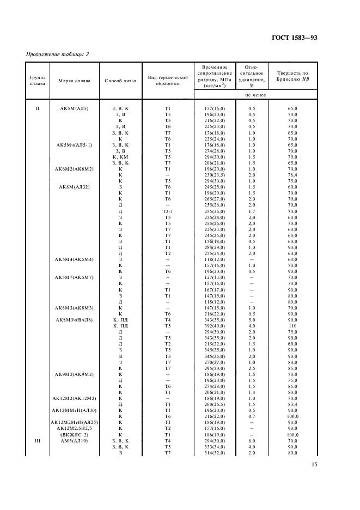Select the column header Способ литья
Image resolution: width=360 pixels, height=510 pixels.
(x=119, y=81)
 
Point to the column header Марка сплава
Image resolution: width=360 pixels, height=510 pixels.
(x=75, y=81)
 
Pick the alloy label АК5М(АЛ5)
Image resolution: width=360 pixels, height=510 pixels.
(x=75, y=108)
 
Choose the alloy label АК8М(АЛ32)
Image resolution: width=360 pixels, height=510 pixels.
(x=75, y=187)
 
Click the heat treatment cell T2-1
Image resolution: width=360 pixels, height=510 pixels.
(x=167, y=211)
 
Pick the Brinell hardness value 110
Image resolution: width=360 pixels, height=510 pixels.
(x=292, y=326)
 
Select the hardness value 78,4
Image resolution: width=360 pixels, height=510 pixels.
(x=292, y=175)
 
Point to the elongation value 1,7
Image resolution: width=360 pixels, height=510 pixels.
(x=252, y=211)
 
